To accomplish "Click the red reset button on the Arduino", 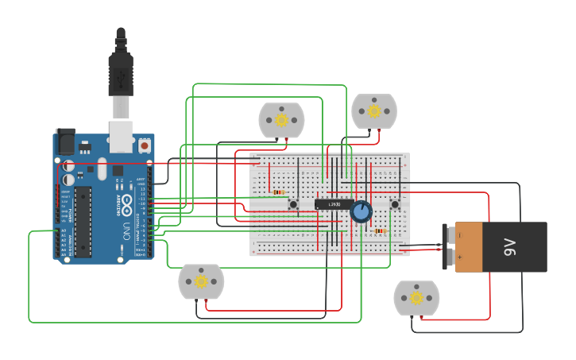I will pyautogui.click(x=144, y=145).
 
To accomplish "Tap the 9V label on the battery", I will pyautogui.click(x=510, y=247).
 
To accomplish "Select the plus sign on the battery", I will pyautogui.click(x=459, y=257).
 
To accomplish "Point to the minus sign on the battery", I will pyautogui.click(x=459, y=235).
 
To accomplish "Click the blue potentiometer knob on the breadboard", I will pyautogui.click(x=361, y=211).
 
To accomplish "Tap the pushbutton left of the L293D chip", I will pyautogui.click(x=293, y=204).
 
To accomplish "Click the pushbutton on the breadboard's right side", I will pyautogui.click(x=394, y=204).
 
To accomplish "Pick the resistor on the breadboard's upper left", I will pyautogui.click(x=278, y=192).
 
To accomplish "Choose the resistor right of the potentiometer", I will pyautogui.click(x=380, y=231).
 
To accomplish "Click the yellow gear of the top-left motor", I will pyautogui.click(x=281, y=120).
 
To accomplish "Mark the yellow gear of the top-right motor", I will pyautogui.click(x=374, y=111).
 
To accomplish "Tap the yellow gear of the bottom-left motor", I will pyautogui.click(x=201, y=281).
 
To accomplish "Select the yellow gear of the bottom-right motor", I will pyautogui.click(x=416, y=298).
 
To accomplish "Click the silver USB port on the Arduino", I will pyautogui.click(x=121, y=136).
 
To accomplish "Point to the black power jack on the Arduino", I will pyautogui.click(x=64, y=141).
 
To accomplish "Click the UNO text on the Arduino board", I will pyautogui.click(x=126, y=231).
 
